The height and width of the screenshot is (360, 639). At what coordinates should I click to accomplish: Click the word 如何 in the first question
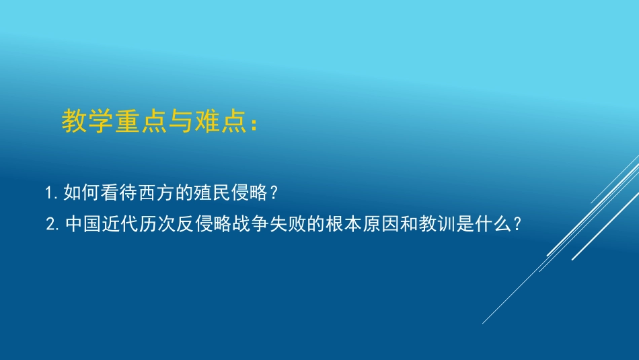pyautogui.click(x=79, y=194)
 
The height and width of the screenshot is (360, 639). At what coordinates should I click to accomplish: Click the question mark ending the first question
pyautogui.click(x=272, y=194)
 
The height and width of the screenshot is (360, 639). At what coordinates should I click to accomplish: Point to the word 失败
pyautogui.click(x=283, y=224)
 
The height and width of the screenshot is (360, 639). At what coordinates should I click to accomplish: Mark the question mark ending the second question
pyautogui.click(x=516, y=224)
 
